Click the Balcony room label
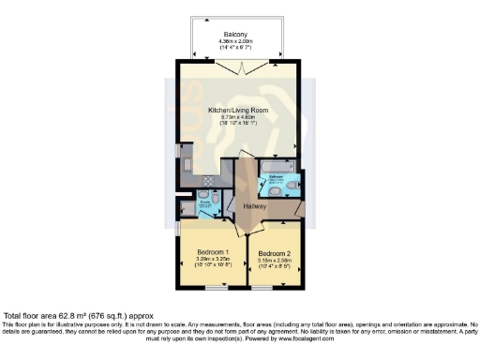click(235, 35)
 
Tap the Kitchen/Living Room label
click(237, 109)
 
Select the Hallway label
click(255, 205)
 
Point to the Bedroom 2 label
click(274, 252)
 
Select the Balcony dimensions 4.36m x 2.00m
click(235, 41)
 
